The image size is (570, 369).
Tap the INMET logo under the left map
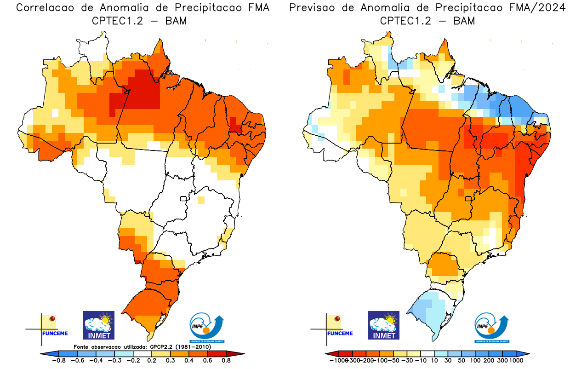pyautogui.click(x=98, y=325)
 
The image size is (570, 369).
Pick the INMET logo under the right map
pyautogui.click(x=384, y=325)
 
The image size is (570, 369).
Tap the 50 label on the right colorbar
pyautogui.click(x=462, y=360)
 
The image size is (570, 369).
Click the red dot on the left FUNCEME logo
pyautogui.click(x=53, y=318)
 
